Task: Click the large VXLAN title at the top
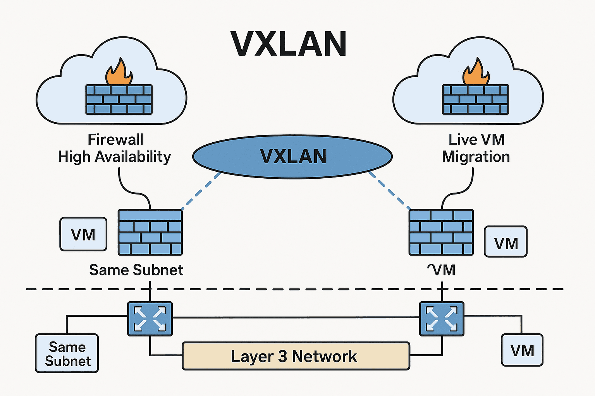tap(289, 44)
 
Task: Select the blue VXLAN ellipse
tap(292, 157)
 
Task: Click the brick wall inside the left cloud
tap(119, 100)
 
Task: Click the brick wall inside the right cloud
tap(476, 100)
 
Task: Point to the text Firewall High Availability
tap(115, 148)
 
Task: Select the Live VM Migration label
tap(476, 148)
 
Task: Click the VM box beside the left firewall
tap(83, 234)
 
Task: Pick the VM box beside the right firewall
tap(506, 242)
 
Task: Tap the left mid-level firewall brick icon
tap(150, 232)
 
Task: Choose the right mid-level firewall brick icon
tap(441, 232)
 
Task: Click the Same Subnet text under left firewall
tap(136, 270)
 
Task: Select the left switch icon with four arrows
tap(150, 318)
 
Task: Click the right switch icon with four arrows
tap(442, 318)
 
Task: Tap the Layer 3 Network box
tap(296, 356)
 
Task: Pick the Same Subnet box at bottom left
tap(67, 353)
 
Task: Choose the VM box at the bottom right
tap(522, 350)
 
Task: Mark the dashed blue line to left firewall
tap(201, 191)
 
